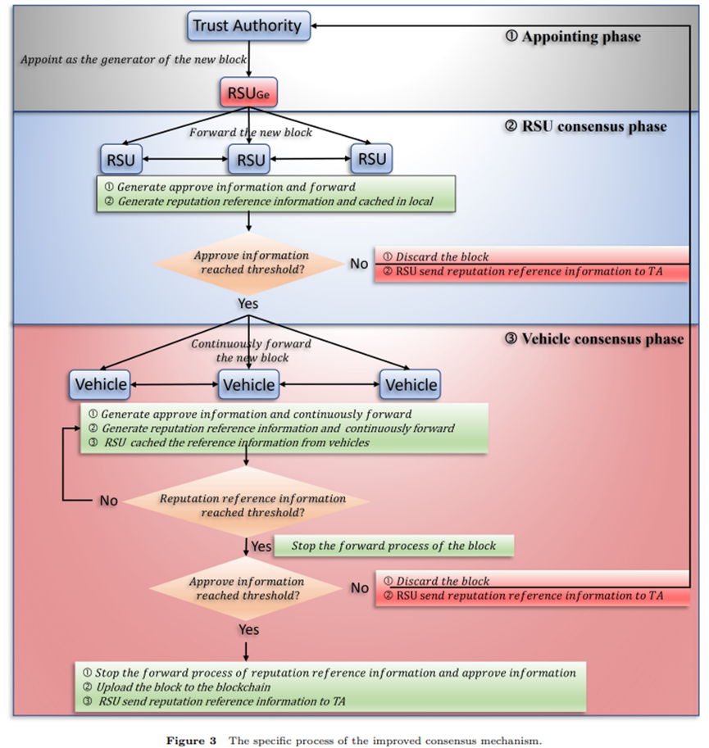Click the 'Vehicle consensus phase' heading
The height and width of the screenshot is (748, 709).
594,338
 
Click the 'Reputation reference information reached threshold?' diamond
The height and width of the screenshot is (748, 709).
247,505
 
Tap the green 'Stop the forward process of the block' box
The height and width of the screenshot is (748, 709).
393,545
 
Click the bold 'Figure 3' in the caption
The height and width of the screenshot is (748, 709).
192,741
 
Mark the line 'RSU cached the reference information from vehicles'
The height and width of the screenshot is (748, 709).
236,442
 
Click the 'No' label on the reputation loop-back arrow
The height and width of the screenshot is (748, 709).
109,500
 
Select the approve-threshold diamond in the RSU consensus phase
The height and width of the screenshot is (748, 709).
247,262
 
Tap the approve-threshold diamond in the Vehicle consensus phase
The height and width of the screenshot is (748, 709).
247,588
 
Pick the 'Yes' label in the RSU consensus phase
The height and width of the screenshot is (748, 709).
248,303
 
